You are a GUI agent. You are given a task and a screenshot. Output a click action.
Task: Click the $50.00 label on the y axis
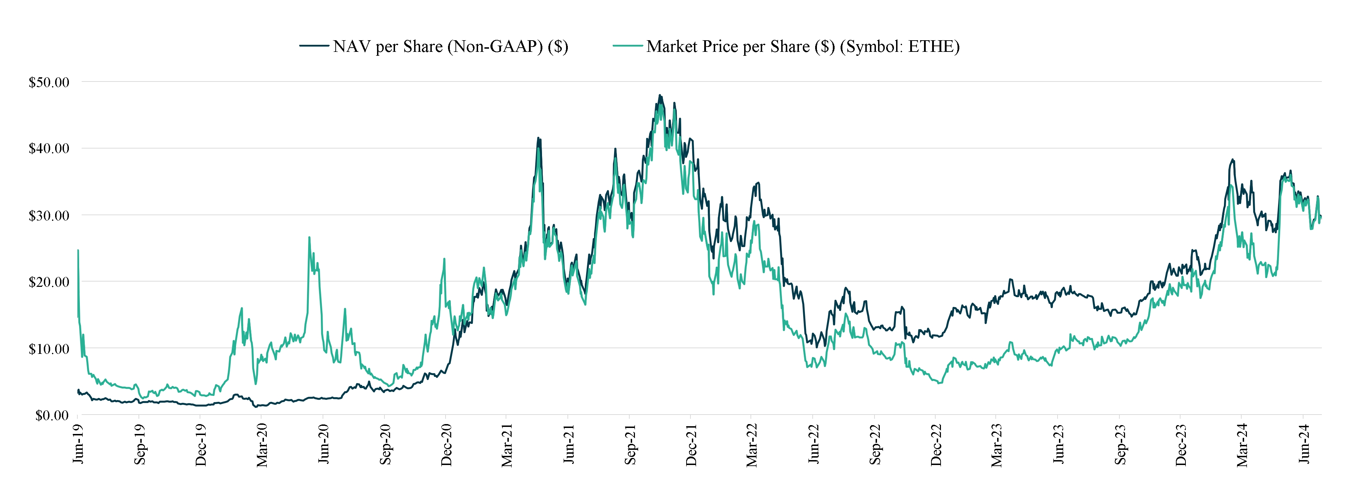pyautogui.click(x=49, y=83)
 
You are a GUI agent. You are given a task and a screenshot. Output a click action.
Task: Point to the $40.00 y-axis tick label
pyautogui.click(x=49, y=149)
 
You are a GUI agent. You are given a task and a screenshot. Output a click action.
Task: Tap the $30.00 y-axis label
pyautogui.click(x=49, y=216)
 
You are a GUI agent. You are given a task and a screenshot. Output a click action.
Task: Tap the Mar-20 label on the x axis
pyautogui.click(x=262, y=445)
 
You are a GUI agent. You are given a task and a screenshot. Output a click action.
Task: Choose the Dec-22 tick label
pyautogui.click(x=936, y=445)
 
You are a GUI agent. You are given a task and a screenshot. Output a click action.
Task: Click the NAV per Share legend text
pyautogui.click(x=451, y=47)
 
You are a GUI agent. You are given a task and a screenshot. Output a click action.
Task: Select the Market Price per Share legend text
pyautogui.click(x=803, y=47)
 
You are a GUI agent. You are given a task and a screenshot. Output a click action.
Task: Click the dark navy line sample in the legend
pyautogui.click(x=314, y=46)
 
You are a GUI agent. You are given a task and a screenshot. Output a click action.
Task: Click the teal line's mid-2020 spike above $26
pyautogui.click(x=309, y=237)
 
